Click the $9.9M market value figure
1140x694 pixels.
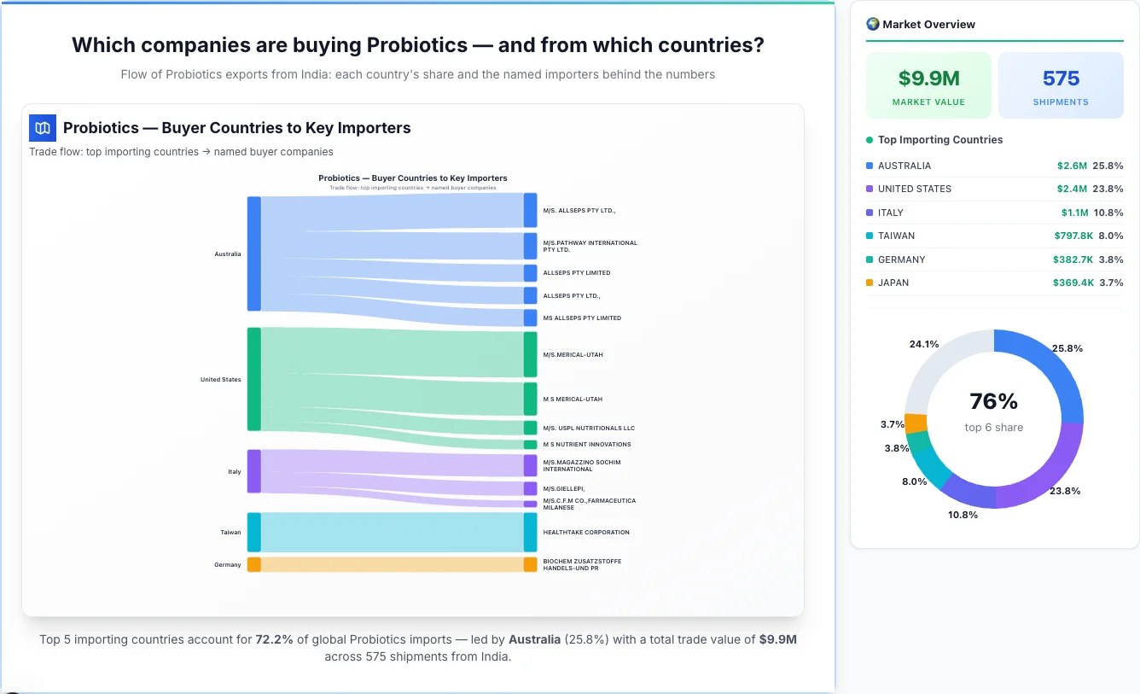pyautogui.click(x=928, y=79)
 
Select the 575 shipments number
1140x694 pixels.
pyautogui.click(x=1061, y=79)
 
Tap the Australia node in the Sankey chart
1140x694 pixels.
pyautogui.click(x=253, y=254)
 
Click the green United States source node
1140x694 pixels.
pyautogui.click(x=253, y=379)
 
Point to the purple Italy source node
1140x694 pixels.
pyautogui.click(x=253, y=471)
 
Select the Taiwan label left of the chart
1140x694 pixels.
pyautogui.click(x=230, y=533)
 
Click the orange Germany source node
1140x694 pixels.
pyautogui.click(x=253, y=564)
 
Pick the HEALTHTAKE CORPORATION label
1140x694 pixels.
pyautogui.click(x=585, y=533)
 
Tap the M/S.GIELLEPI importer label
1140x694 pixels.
pyautogui.click(x=563, y=489)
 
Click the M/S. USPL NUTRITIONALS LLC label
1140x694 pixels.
pyautogui.click(x=589, y=429)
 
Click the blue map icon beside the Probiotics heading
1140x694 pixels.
pyautogui.click(x=43, y=128)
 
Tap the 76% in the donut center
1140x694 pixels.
pyautogui.click(x=993, y=401)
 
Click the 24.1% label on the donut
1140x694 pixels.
pyautogui.click(x=923, y=344)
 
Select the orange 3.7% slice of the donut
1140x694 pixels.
pyautogui.click(x=916, y=423)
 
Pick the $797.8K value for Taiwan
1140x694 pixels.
pyautogui.click(x=1073, y=236)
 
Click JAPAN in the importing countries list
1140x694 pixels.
pyautogui.click(x=893, y=283)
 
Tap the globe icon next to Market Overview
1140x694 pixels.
pyautogui.click(x=872, y=24)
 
